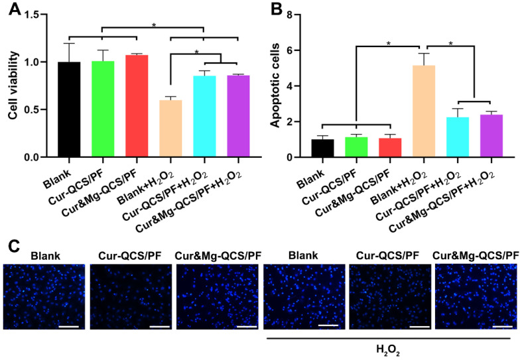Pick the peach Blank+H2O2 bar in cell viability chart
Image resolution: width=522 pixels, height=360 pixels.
pos(170,129)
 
